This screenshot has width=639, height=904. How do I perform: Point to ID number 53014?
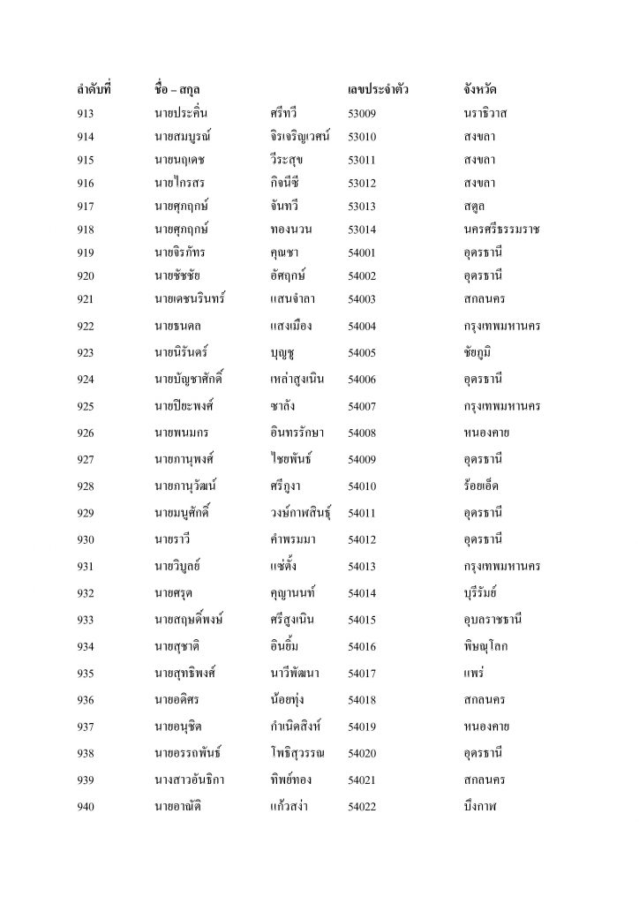point(363,229)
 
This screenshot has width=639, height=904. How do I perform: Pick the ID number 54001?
point(363,252)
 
